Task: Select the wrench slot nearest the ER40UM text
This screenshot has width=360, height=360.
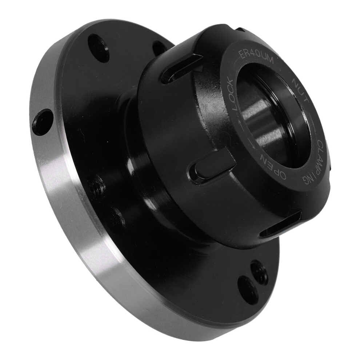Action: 181,68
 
